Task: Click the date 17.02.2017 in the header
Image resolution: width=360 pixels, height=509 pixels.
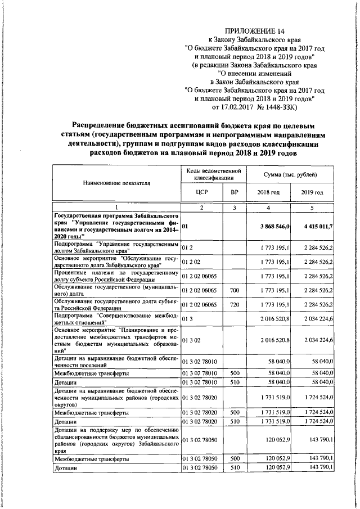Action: coord(241,106)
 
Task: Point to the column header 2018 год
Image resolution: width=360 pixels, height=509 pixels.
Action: coord(268,192)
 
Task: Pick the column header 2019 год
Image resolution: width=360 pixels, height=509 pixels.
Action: coord(312,192)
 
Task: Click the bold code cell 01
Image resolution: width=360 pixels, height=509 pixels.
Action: coord(185,226)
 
